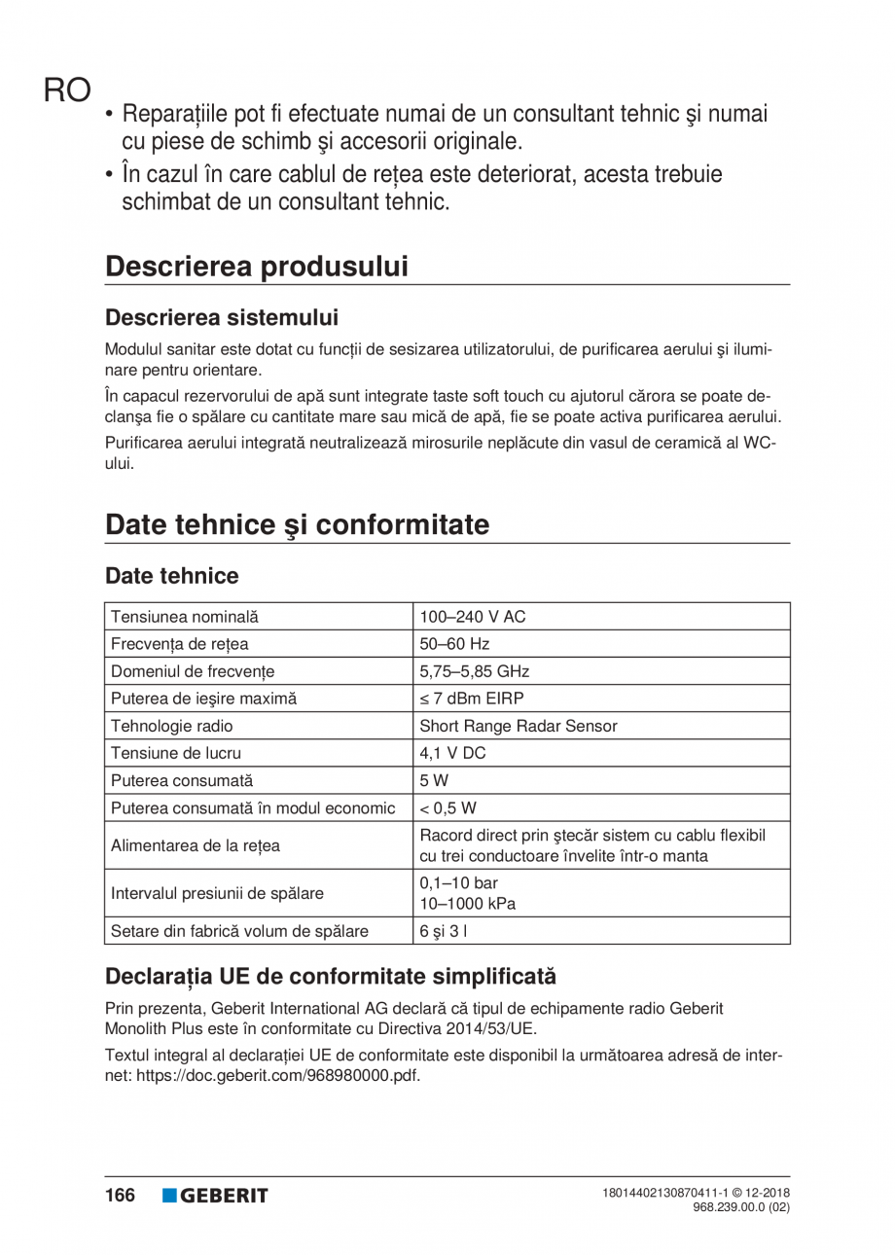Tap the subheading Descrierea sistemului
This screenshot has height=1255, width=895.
pos(222,318)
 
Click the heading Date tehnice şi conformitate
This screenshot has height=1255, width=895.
pos(297,524)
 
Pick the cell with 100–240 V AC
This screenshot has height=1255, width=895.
pos(472,617)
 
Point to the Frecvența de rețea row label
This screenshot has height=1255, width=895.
pos(180,644)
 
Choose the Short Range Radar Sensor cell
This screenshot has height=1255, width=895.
pos(518,726)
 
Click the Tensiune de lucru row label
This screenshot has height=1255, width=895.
pos(176,753)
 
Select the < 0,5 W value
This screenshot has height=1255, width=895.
pos(447,807)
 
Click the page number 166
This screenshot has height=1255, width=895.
pos(121,1196)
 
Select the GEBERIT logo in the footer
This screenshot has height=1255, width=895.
pos(215,1196)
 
